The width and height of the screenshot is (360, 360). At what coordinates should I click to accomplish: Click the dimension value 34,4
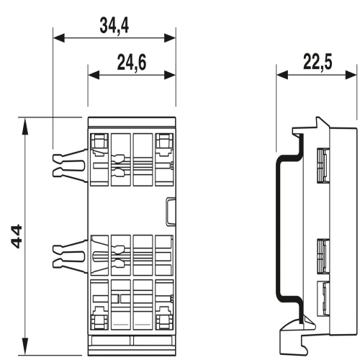pos(114,26)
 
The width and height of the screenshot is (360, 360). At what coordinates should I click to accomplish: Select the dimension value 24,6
pos(132,63)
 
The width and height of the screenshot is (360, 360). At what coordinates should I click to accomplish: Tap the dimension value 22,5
pos(318,62)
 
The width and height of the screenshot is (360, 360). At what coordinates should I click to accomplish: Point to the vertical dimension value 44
pos(17,236)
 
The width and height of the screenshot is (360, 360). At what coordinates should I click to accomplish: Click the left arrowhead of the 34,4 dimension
pos(59,38)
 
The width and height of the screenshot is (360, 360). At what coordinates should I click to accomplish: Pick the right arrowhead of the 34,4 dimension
pos(170,38)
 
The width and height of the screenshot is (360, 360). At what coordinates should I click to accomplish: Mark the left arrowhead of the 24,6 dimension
pos(94,75)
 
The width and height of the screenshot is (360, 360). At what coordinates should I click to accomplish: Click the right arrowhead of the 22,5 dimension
pos(351,75)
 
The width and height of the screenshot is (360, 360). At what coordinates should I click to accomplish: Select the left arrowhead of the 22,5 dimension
pos(282,75)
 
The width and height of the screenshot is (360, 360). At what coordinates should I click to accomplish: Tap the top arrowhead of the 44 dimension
pos(24,126)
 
